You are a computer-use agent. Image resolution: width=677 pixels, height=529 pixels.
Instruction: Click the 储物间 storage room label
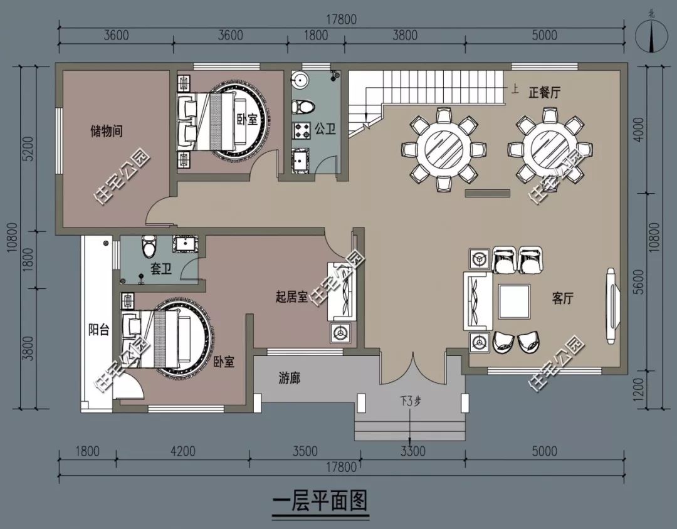(106, 132)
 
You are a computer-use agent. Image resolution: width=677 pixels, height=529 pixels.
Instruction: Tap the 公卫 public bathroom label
(325, 130)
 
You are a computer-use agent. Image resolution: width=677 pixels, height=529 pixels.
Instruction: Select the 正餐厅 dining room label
(544, 93)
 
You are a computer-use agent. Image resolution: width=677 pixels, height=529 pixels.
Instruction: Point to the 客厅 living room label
(563, 299)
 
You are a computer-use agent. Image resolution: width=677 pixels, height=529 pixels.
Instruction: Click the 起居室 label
(291, 296)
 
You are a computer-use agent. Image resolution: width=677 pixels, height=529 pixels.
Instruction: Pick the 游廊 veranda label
(289, 379)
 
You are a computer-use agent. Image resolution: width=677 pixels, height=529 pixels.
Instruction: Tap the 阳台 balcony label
(99, 330)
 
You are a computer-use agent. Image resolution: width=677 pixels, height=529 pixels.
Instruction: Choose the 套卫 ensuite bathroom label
(161, 270)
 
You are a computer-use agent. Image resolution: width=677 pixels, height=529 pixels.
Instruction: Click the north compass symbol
(653, 36)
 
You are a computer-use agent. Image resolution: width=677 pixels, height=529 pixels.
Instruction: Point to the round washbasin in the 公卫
(300, 80)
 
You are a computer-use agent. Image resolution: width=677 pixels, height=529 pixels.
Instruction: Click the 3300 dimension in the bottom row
(412, 451)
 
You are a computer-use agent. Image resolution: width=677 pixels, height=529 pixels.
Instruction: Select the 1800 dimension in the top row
(316, 35)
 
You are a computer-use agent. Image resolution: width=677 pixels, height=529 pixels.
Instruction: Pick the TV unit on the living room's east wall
(610, 305)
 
